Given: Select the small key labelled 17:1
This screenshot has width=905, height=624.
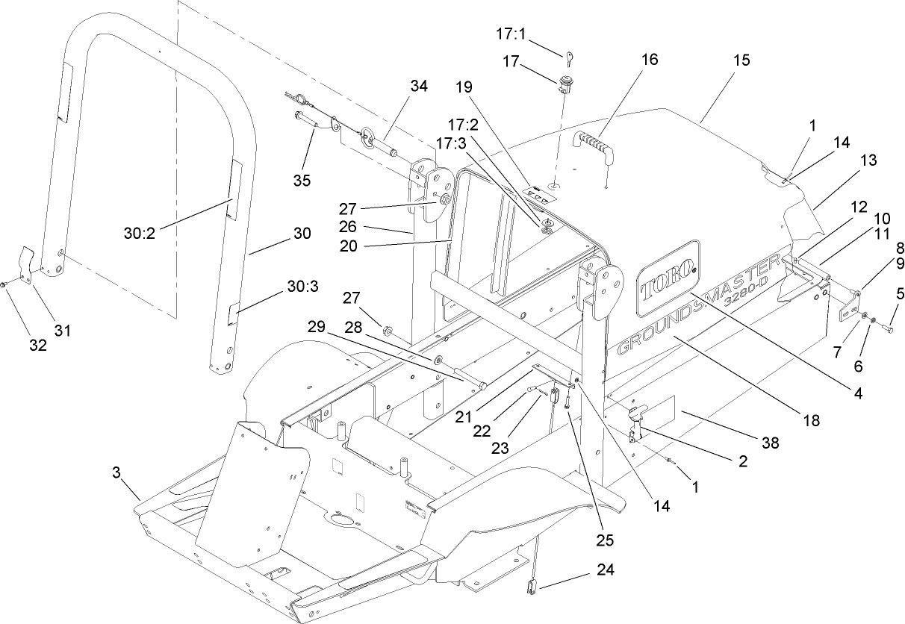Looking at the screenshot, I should point(569,57).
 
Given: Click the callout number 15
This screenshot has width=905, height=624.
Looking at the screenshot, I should point(721,60).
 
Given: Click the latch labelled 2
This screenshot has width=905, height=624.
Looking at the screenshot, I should point(637,424).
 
